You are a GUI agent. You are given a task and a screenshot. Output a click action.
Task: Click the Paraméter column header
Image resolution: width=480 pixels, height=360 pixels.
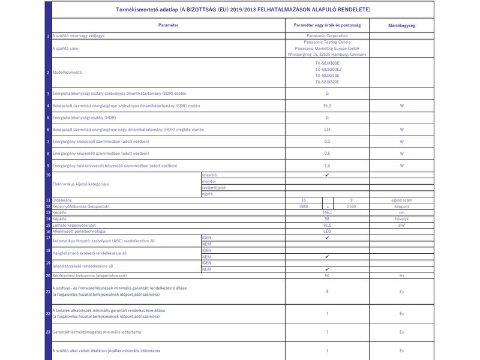coord(168,26)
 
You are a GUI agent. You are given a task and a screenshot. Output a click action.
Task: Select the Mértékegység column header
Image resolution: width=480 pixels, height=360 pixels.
coord(401,26)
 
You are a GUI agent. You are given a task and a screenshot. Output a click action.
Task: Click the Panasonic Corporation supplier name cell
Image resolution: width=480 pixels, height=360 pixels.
coord(327,36)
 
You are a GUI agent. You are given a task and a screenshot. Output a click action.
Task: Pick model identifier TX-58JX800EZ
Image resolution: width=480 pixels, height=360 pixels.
coord(327,69)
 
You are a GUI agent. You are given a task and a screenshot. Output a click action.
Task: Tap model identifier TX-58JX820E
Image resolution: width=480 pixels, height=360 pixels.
coord(327,82)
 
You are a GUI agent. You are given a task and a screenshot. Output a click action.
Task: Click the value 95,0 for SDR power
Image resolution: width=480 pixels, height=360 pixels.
coord(327,106)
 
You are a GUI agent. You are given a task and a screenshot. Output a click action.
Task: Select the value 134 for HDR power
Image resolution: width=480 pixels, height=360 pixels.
coord(327,130)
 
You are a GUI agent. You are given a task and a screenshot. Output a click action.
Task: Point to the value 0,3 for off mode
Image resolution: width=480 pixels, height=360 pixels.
coord(327,142)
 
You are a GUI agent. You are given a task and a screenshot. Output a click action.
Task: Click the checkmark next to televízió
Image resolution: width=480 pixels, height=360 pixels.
coord(327,175)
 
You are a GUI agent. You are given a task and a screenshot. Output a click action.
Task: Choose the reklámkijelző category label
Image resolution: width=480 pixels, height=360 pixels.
coord(214,187)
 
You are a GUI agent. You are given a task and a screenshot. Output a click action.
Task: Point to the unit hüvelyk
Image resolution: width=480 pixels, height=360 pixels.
coord(401,219)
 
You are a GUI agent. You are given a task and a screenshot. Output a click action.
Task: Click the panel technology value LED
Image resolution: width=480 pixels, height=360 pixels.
coord(327,231)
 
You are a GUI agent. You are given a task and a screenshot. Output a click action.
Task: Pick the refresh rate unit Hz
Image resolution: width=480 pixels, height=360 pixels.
coord(401,276)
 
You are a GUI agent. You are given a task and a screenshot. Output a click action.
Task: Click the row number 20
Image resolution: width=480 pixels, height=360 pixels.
coord(48,276)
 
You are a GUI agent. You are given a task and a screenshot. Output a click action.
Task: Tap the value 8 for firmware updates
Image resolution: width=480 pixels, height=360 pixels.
coord(327,291)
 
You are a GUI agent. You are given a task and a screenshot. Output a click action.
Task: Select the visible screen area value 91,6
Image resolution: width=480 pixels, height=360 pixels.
coord(327,225)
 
